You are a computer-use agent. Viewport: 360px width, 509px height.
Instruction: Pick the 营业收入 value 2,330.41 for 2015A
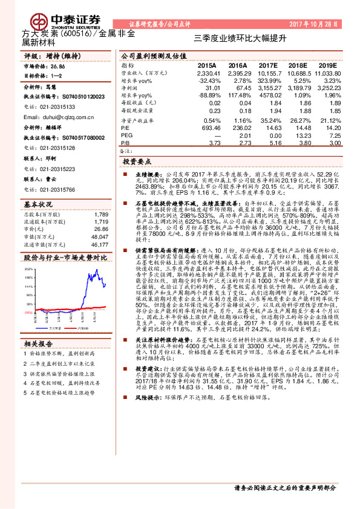(x=208, y=72)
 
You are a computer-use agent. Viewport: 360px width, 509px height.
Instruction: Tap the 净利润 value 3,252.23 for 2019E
(x=327, y=87)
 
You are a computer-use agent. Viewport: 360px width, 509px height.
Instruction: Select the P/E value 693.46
(x=209, y=128)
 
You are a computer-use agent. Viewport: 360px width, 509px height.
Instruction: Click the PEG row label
(x=126, y=135)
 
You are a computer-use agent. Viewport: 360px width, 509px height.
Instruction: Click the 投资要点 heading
(x=136, y=162)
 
